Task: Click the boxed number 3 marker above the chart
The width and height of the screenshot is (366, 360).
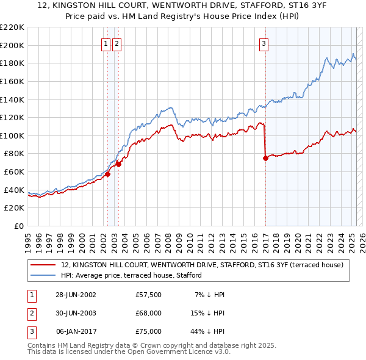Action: click(x=264, y=43)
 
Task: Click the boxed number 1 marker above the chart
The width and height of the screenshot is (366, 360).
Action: click(x=106, y=43)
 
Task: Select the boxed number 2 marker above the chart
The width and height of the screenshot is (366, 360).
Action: click(x=117, y=43)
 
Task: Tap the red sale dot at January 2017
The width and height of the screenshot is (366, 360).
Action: click(x=265, y=158)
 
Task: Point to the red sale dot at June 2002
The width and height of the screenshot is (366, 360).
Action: click(x=107, y=174)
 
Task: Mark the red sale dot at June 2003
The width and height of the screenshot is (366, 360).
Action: click(x=118, y=164)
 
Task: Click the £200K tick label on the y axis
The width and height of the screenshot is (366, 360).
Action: click(x=12, y=45)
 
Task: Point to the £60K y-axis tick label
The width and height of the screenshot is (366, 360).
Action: click(x=15, y=172)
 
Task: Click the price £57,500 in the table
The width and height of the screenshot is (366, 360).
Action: click(x=149, y=295)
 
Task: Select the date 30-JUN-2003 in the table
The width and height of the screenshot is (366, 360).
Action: click(x=76, y=313)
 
